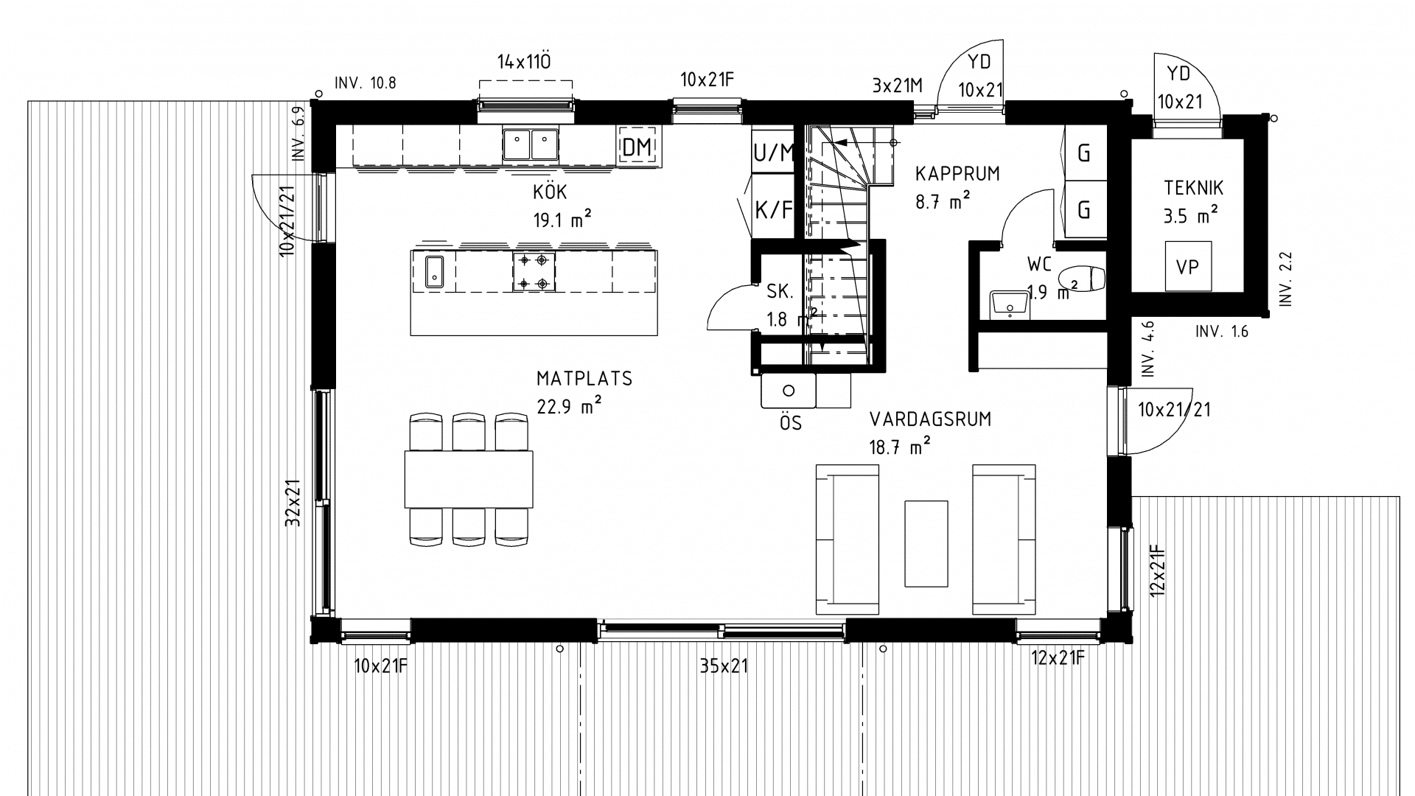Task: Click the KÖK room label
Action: (550, 193)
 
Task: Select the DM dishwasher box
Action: (637, 147)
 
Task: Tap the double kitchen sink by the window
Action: (531, 144)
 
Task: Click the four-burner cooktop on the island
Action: (534, 271)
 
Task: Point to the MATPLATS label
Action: (584, 379)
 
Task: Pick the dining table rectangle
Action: (469, 479)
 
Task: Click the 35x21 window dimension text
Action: (724, 666)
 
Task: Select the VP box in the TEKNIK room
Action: (1188, 267)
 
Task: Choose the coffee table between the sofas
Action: (926, 543)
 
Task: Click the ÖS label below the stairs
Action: (790, 424)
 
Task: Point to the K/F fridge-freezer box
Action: (773, 211)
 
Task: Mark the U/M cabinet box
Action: (773, 153)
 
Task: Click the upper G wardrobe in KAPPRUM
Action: (1084, 153)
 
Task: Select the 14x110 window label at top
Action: (524, 62)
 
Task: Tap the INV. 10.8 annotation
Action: (366, 83)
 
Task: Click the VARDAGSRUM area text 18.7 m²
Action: (900, 447)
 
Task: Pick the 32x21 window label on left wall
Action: (293, 503)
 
